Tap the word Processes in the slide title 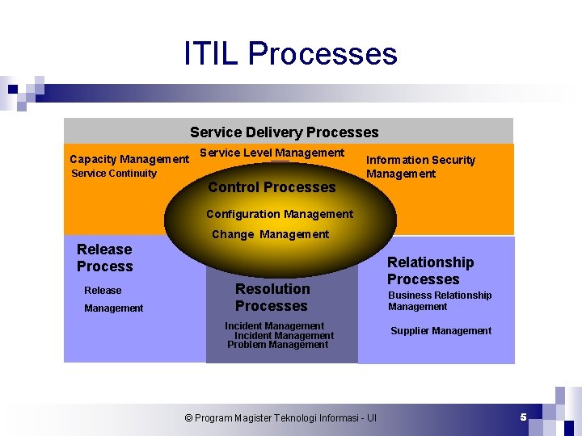(323, 54)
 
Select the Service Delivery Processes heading (284, 132)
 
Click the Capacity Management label (129, 159)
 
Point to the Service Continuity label (114, 173)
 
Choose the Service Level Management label (272, 153)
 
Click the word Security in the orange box (453, 160)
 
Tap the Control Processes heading (272, 187)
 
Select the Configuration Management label (279, 214)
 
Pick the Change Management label (270, 234)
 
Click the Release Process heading (105, 258)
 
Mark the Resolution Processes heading (272, 297)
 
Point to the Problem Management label (277, 345)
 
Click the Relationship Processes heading (430, 270)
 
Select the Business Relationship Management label (439, 300)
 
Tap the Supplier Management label (441, 330)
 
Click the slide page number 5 (523, 417)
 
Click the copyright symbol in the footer (188, 418)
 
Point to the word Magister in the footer (253, 418)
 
